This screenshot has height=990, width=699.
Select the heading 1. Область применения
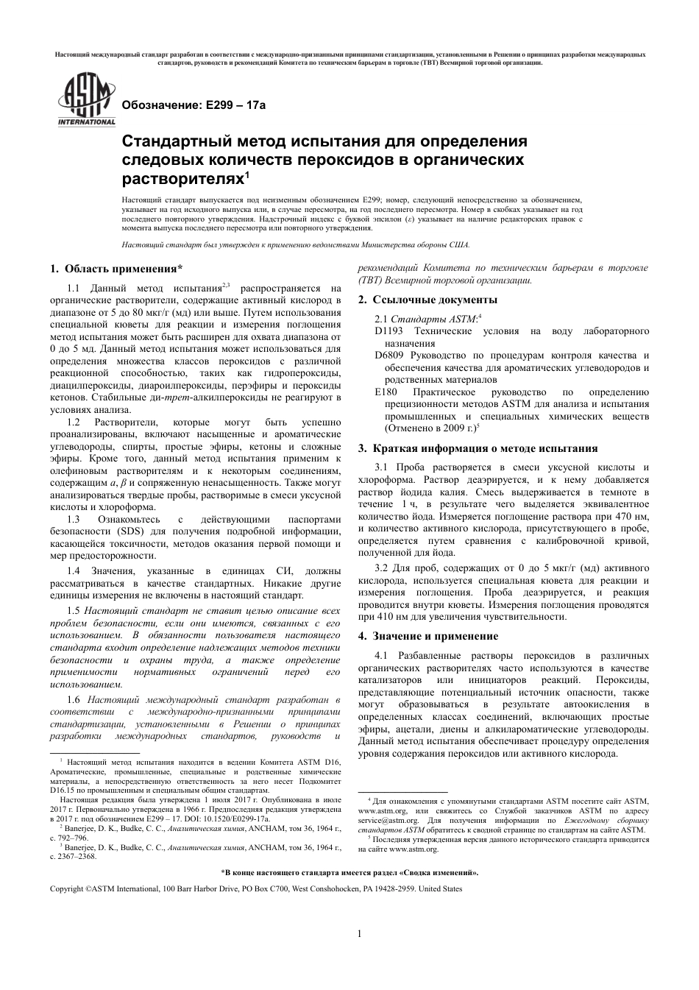[116, 269]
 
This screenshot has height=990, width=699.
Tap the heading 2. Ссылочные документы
[427, 300]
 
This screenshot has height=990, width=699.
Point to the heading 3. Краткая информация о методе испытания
[488, 448]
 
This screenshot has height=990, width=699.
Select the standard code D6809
[389, 356]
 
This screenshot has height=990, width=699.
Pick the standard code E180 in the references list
[386, 392]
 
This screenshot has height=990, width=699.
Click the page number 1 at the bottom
[359, 934]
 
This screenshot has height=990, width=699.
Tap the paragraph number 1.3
[74, 519]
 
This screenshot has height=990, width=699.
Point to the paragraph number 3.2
[381, 568]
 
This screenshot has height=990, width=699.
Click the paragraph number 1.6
[74, 699]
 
